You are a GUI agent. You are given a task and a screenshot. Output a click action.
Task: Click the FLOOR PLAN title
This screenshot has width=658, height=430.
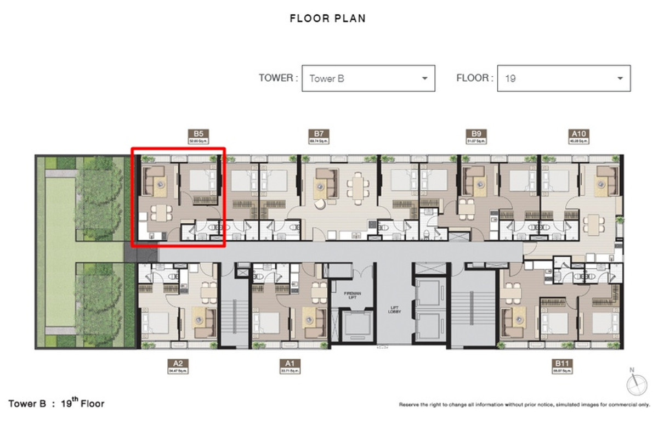(328, 19)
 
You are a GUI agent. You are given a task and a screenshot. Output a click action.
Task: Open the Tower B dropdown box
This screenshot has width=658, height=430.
(368, 78)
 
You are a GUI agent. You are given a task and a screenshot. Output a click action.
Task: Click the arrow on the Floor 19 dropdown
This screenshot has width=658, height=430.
(620, 78)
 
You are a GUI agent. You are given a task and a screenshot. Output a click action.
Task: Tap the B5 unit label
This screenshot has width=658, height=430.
(198, 133)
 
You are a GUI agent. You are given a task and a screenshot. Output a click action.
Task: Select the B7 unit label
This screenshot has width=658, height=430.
(319, 133)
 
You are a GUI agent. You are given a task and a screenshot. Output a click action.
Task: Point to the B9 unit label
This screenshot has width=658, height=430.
(476, 133)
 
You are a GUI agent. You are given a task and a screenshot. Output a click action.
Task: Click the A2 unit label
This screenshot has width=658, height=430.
(178, 363)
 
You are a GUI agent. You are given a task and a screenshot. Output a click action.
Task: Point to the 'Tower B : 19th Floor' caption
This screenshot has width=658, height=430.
(56, 404)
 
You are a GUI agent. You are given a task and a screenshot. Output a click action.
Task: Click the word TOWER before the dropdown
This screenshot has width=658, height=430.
(276, 78)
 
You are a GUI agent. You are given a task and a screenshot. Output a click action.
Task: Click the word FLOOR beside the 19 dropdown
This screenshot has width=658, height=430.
(472, 78)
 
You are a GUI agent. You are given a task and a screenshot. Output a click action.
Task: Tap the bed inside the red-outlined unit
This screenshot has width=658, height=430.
(199, 180)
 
